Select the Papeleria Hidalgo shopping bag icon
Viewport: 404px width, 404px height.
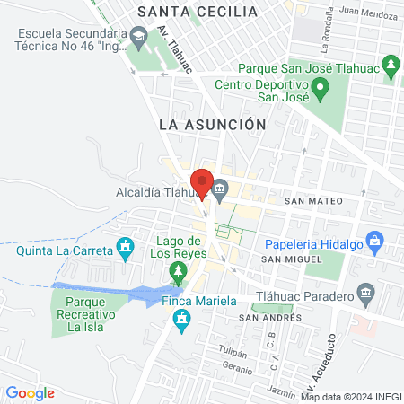[375, 240]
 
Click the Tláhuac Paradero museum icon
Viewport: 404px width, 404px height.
[364, 293]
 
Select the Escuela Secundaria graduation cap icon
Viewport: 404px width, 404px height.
[138, 37]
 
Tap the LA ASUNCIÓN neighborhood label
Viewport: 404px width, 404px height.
[212, 125]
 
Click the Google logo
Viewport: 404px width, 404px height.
[31, 392]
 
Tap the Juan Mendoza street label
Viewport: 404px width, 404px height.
[367, 13]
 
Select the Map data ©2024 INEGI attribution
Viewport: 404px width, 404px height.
[350, 397]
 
